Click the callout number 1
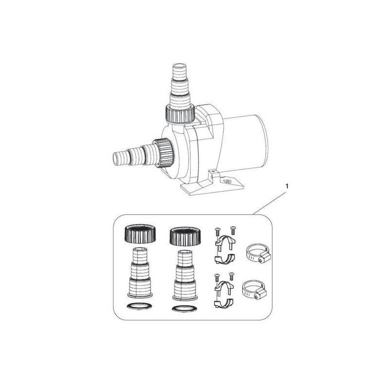point(287,186)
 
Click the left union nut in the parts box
point(140,234)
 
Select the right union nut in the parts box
point(185,236)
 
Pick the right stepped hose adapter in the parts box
point(185,275)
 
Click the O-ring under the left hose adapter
point(139,306)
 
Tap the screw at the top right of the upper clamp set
point(233,230)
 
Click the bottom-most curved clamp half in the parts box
point(225,304)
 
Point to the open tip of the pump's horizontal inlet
point(116,159)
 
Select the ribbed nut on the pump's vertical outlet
point(180,114)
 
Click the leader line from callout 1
point(270,203)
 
